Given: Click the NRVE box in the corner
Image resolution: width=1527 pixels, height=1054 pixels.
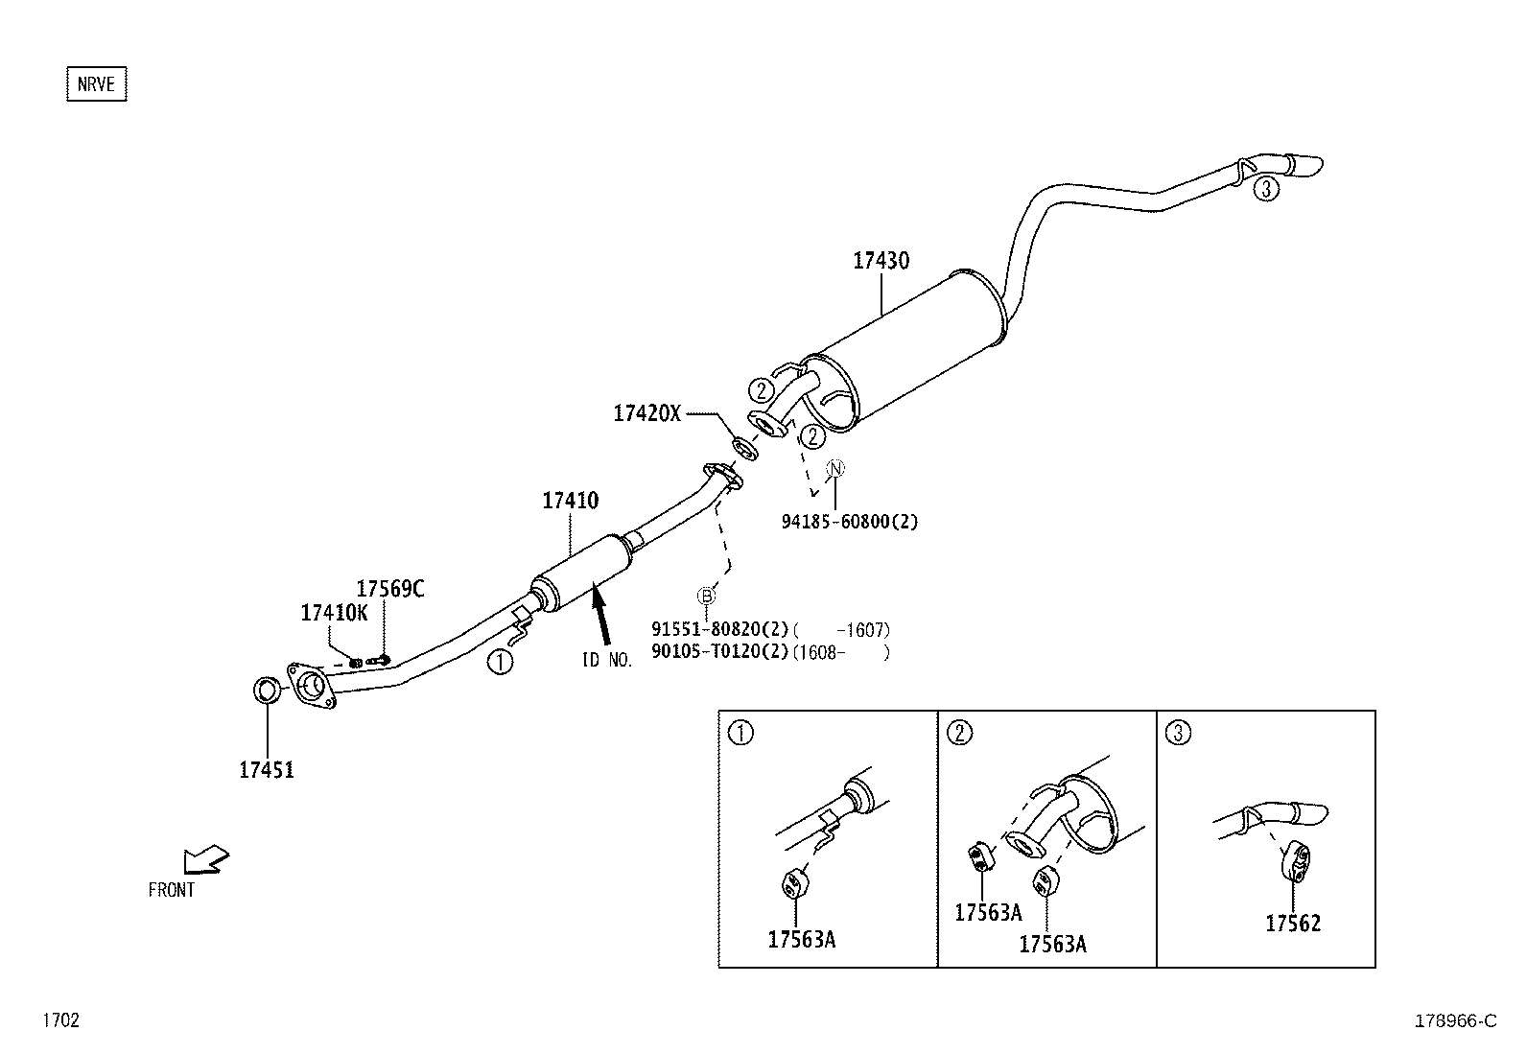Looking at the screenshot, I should [96, 84].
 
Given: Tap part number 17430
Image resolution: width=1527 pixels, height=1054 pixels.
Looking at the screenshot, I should [881, 261].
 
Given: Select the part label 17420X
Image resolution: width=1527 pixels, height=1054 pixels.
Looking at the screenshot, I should [646, 413].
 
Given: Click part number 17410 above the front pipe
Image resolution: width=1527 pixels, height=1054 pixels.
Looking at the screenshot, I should [570, 501].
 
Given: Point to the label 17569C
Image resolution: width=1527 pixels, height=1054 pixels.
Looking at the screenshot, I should [389, 589].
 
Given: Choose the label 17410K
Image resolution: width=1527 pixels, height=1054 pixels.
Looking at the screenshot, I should [334, 614].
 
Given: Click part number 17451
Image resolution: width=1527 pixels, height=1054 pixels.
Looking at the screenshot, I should [266, 769].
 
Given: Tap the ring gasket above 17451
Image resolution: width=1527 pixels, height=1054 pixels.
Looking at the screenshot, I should [268, 690].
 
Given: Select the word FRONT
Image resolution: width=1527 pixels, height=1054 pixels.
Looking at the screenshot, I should [172, 890].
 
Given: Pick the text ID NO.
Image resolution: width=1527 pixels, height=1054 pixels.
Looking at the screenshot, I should [607, 661].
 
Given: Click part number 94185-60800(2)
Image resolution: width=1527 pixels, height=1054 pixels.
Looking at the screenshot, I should [849, 523].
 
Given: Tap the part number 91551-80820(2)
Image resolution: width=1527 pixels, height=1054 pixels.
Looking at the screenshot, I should [719, 630].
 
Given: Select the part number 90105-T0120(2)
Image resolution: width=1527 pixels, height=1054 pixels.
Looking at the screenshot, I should [719, 652].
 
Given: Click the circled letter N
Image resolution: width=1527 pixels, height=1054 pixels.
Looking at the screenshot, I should [835, 468].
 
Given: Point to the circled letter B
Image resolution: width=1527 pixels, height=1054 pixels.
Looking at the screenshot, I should [706, 596].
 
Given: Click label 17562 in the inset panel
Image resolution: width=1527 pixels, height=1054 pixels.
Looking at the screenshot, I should [1292, 924].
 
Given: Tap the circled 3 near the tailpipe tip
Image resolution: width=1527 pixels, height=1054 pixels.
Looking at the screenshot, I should [1265, 189].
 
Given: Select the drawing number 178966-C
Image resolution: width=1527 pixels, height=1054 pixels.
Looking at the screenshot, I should [1455, 1020].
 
